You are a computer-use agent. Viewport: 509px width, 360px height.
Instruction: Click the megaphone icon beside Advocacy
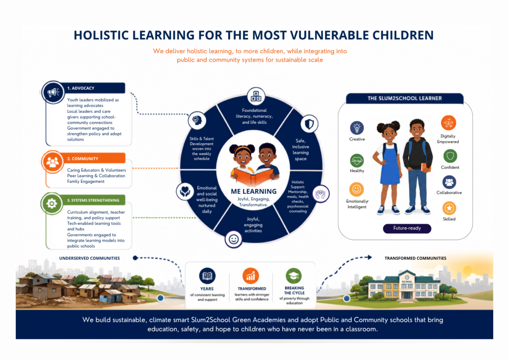pyautogui.click(x=53, y=92)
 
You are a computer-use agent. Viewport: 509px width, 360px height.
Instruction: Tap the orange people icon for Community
pyautogui.click(x=52, y=162)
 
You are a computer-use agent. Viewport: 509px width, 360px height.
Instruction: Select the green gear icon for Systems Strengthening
pyautogui.click(x=52, y=203)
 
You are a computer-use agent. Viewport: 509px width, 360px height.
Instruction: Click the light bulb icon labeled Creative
pyautogui.click(x=357, y=128)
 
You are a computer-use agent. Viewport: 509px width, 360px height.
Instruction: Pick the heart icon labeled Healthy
pyautogui.click(x=357, y=161)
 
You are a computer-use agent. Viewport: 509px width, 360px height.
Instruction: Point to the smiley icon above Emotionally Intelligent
pyautogui.click(x=356, y=189)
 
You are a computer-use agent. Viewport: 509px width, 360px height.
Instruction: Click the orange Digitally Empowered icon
pyautogui.click(x=448, y=123)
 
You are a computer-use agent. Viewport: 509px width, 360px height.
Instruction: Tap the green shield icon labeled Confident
pyautogui.click(x=450, y=156)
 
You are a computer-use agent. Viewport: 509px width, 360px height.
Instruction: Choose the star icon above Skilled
pyautogui.click(x=449, y=208)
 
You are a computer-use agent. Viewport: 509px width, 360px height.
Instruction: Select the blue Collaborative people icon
pyautogui.click(x=449, y=182)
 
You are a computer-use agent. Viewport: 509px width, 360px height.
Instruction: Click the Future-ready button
pyautogui.click(x=407, y=228)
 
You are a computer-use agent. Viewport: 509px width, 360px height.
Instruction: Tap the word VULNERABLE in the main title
pyautogui.click(x=329, y=35)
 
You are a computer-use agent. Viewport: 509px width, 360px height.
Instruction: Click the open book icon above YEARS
pyautogui.click(x=207, y=276)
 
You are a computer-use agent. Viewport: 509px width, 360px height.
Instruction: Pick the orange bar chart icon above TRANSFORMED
pyautogui.click(x=251, y=276)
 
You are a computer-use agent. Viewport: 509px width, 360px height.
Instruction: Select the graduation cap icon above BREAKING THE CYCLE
pyautogui.click(x=294, y=276)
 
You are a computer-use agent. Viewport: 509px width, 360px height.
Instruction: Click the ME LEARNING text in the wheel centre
pyautogui.click(x=254, y=191)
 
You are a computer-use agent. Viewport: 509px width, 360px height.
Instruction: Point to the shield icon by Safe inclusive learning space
pyautogui.click(x=309, y=124)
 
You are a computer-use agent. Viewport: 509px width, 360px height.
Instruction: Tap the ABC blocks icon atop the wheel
pyautogui.click(x=256, y=96)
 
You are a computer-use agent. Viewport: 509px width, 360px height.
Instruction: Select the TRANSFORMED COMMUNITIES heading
pyautogui.click(x=415, y=259)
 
